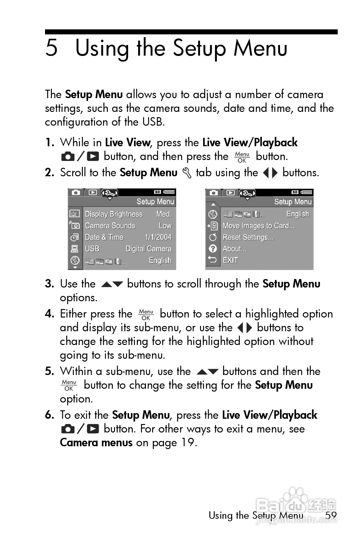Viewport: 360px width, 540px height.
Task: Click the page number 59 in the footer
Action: point(331,515)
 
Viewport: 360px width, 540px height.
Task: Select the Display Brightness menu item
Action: point(113,214)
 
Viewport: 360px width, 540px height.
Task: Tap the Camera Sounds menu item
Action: point(110,226)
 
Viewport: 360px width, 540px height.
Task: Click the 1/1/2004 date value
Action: point(158,237)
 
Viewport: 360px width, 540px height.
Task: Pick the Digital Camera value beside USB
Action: point(148,249)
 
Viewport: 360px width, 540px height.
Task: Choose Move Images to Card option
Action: point(258,226)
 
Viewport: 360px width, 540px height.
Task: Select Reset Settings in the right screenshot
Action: point(248,237)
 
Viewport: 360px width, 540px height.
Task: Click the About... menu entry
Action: point(234,249)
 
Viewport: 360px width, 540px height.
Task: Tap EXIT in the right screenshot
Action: point(230,260)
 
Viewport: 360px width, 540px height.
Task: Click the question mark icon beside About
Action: point(213,249)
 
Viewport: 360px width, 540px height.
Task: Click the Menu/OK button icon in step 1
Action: point(242,157)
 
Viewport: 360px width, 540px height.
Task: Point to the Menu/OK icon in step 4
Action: point(146,315)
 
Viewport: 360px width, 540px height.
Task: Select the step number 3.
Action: point(49,284)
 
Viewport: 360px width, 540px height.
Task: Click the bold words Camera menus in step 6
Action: point(96,442)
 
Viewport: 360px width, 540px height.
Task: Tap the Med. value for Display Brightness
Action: point(164,214)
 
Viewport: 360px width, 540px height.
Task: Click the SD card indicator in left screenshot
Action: point(157,192)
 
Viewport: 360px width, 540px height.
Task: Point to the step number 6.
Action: point(49,415)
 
